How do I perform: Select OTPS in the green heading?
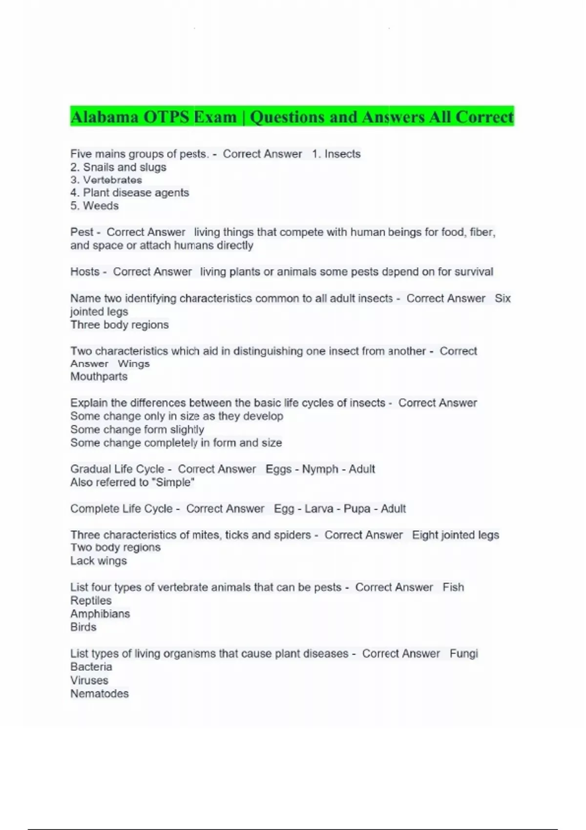coord(166,117)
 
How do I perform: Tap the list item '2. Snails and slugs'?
coord(118,167)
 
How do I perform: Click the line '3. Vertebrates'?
coord(106,180)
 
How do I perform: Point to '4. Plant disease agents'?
coord(129,192)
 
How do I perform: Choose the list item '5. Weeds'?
coord(94,206)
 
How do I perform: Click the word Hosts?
coord(85,271)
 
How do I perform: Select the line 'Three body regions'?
coord(119,325)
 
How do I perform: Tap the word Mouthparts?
coord(99,376)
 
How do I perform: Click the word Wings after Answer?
coord(134,364)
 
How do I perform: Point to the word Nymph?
coord(320,469)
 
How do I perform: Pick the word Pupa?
coord(357,508)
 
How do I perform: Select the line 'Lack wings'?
coord(98,561)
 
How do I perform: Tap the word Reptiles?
coord(91,601)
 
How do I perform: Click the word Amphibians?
coord(100,614)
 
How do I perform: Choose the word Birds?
coord(83,627)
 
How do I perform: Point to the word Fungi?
coord(463,653)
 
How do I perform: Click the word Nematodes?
coord(99,693)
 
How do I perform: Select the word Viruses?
coord(89,680)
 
